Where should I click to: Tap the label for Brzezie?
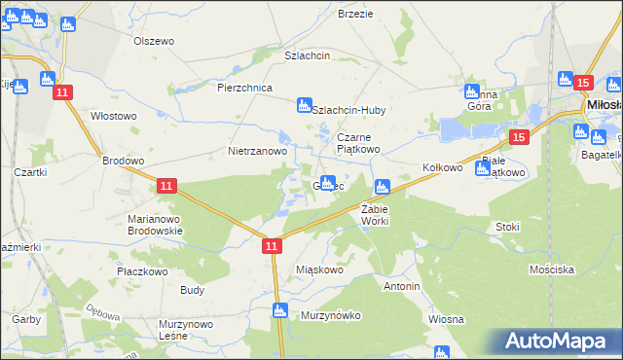tap(355, 13)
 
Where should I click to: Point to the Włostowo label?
tap(113, 116)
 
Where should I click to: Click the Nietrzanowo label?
tap(257, 152)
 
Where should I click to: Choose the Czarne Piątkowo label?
tap(358, 143)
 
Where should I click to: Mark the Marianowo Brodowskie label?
tap(155, 225)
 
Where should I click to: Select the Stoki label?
tap(507, 227)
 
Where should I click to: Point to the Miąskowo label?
tap(319, 270)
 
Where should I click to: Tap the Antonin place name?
tap(401, 287)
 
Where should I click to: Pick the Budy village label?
tap(192, 290)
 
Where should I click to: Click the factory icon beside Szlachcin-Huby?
tap(304, 103)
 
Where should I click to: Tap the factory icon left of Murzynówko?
tap(280, 310)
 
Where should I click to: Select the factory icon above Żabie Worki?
tap(383, 185)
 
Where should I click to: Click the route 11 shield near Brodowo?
tap(166, 185)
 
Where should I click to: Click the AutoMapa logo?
tap(560, 342)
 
